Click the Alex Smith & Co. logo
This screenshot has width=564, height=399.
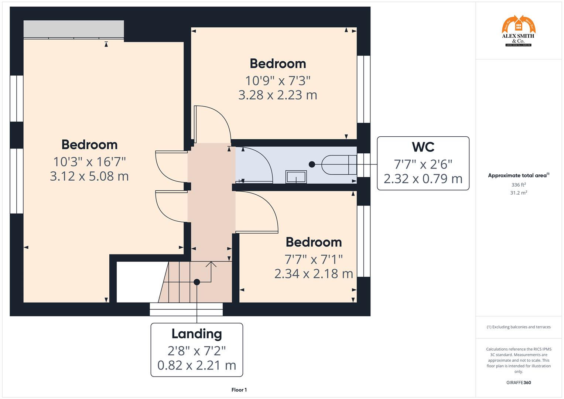518,31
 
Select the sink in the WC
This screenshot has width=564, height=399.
296,177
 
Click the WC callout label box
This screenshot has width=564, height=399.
423,163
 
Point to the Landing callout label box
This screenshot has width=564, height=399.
196,349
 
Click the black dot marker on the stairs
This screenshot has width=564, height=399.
197,282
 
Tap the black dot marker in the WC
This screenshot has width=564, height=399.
312,164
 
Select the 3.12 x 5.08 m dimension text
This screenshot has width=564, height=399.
89,176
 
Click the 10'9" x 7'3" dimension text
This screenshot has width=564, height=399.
278,80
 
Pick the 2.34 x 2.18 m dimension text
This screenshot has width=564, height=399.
314,274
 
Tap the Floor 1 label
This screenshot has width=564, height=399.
239,390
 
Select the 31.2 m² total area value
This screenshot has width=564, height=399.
518,193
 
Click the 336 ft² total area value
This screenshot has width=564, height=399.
518,185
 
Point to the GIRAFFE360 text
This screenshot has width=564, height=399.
518,382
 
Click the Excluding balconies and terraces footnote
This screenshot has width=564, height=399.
518,327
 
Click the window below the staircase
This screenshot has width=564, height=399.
186,309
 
